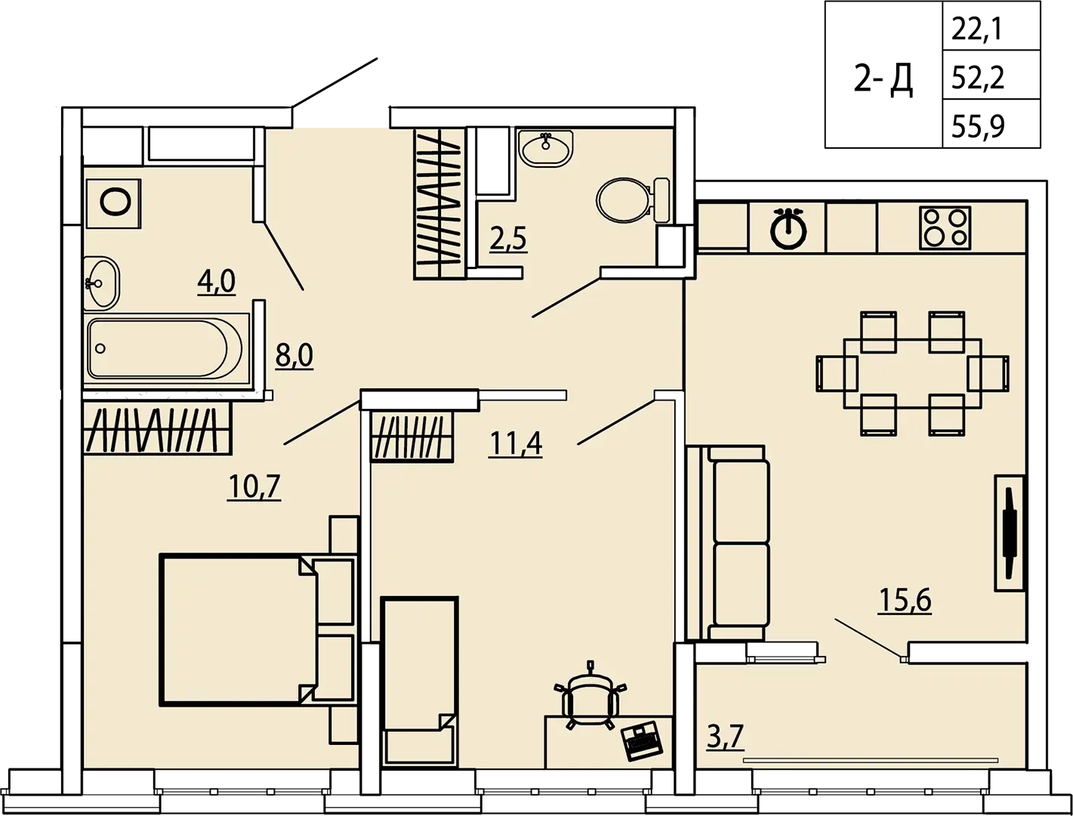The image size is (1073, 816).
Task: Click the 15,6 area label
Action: coord(905,600)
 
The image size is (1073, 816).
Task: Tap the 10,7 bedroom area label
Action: coord(254,486)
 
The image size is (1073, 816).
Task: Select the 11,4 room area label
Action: coord(515,444)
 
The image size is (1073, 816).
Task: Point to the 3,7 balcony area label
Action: coord(726,737)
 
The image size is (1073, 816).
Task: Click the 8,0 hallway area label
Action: coord(294,355)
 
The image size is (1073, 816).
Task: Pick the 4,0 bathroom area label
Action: coord(217,282)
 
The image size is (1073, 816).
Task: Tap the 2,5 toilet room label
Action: coord(508,240)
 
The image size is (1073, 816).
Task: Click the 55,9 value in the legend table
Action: coord(978,126)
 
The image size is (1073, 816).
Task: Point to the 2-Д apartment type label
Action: coord(883,79)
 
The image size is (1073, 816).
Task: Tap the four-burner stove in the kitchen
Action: coord(945,228)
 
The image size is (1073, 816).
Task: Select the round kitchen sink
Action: coord(788,229)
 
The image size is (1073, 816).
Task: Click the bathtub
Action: coord(165,348)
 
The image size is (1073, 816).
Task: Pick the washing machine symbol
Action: coord(114,203)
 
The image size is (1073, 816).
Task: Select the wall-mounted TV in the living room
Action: coord(1010,533)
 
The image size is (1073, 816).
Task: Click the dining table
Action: coord(912,373)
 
